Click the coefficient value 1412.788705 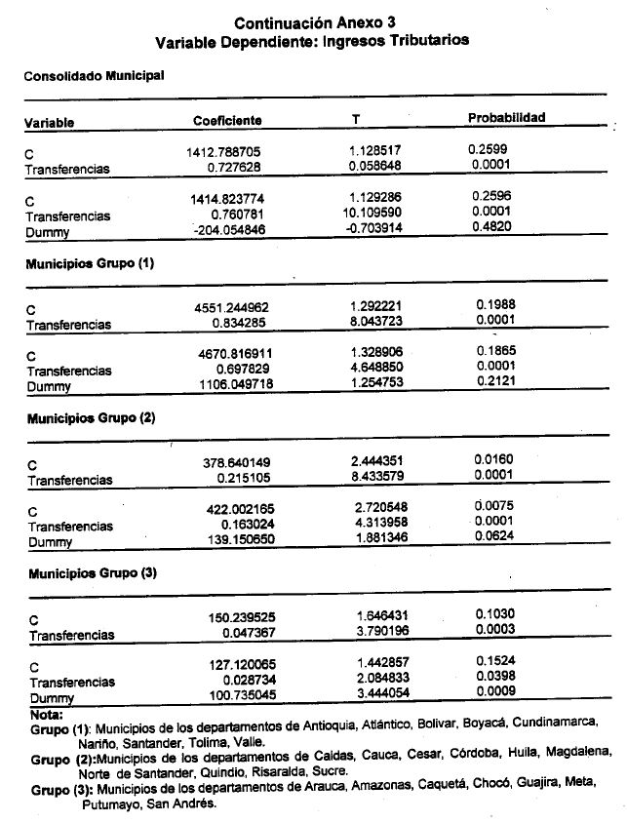226,153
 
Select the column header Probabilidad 506,118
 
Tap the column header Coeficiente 227,120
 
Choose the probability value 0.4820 490,226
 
